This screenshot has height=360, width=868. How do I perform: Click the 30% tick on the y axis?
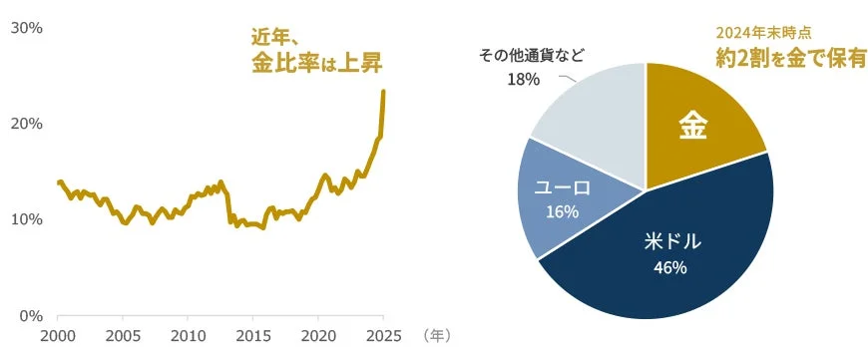pyautogui.click(x=25, y=28)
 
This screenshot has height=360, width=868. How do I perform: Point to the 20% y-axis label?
pyautogui.click(x=25, y=124)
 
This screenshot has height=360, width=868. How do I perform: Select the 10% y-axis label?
pyautogui.click(x=25, y=219)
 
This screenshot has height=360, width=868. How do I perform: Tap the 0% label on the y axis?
pyautogui.click(x=30, y=315)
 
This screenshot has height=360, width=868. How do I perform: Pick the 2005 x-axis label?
pyautogui.click(x=123, y=336)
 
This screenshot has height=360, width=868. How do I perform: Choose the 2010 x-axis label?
pyautogui.click(x=188, y=336)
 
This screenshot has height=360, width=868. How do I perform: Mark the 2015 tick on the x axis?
pyautogui.click(x=253, y=336)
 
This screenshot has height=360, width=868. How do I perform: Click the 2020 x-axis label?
pyautogui.click(x=318, y=336)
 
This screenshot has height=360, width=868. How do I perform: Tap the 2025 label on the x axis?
pyautogui.click(x=383, y=336)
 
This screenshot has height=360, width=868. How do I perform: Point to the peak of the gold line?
pyautogui.click(x=384, y=92)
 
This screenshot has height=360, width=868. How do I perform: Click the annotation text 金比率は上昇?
pyautogui.click(x=316, y=63)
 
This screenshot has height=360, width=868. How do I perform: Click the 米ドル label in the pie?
pyautogui.click(x=669, y=242)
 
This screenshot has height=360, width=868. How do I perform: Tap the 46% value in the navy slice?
pyautogui.click(x=669, y=267)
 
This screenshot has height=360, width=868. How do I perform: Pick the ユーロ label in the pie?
pyautogui.click(x=563, y=186)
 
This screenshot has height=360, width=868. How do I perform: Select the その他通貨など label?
pyautogui.click(x=532, y=56)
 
